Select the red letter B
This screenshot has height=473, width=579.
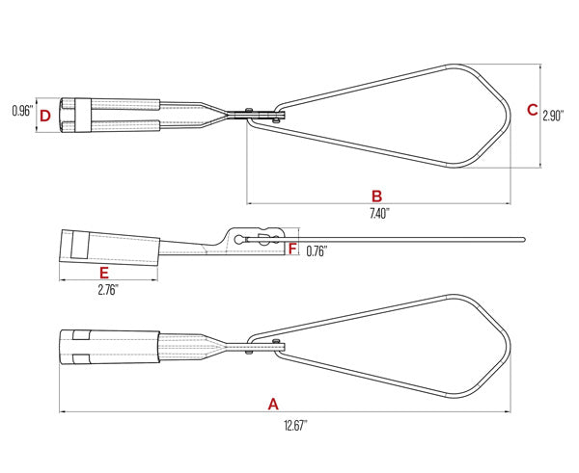(376, 194)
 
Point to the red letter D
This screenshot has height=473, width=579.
(44, 117)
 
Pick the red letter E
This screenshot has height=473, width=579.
(104, 272)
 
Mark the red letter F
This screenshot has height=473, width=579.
(292, 249)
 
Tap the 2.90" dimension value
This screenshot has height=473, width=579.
(553, 115)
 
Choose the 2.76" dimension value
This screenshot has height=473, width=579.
(106, 289)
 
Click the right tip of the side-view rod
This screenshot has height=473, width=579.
(522, 237)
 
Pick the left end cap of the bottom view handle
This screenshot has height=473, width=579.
(72, 347)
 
